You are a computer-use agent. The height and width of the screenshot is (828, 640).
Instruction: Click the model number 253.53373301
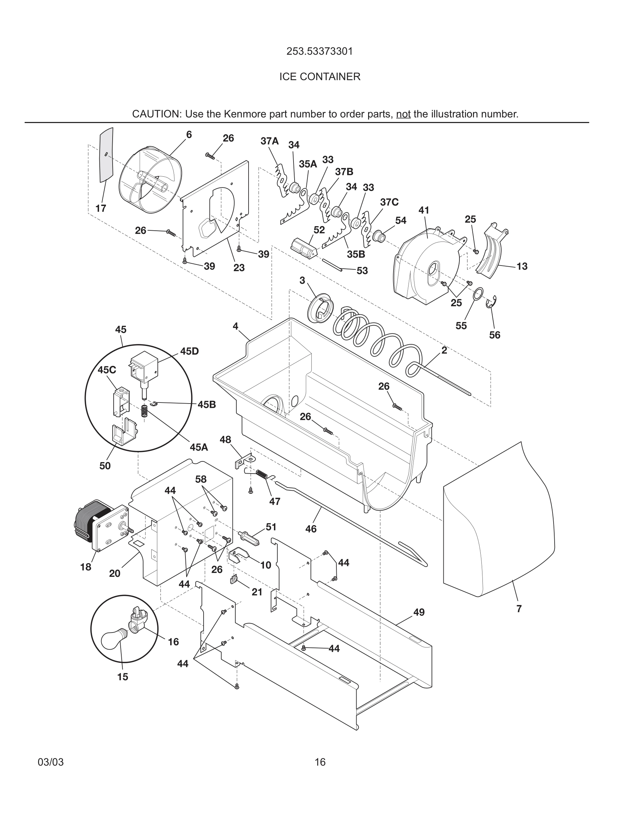coord(320,51)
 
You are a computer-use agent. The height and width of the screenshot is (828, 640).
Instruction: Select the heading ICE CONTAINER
coord(320,77)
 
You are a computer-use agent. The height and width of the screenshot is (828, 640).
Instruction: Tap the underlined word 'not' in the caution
coord(403,114)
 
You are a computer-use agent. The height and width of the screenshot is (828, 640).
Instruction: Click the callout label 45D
coord(189,351)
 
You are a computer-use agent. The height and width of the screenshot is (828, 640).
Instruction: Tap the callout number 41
coord(424,210)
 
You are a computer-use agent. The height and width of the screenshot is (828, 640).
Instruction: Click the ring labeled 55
coord(479,293)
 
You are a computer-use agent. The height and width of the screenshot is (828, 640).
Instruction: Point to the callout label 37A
coord(269,141)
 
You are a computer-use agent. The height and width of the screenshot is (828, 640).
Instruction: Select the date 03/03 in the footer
coord(51,762)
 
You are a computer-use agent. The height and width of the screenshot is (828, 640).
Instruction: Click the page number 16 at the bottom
coord(320,762)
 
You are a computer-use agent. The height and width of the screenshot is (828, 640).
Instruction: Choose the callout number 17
coord(100,208)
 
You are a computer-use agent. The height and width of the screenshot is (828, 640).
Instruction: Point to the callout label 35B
coord(356,254)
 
